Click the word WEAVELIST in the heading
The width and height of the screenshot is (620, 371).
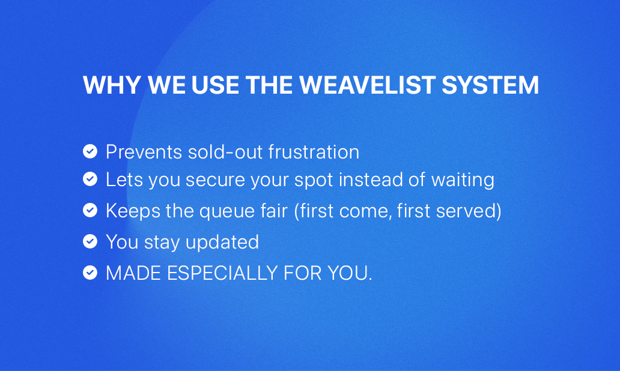367,85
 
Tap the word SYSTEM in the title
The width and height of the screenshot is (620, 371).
490,85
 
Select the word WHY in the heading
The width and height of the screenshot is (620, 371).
112,85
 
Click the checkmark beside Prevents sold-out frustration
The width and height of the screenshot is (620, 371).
90,151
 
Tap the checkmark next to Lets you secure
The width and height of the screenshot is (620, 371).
90,179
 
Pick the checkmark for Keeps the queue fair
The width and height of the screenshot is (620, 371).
90,210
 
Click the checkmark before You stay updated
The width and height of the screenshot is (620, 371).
90,241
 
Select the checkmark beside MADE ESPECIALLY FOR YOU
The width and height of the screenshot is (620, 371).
90,273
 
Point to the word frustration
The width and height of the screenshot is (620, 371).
314,152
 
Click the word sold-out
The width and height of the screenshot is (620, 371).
225,152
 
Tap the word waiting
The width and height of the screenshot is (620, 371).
463,180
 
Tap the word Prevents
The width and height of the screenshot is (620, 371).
144,152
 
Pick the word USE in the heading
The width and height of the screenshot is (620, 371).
215,85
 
